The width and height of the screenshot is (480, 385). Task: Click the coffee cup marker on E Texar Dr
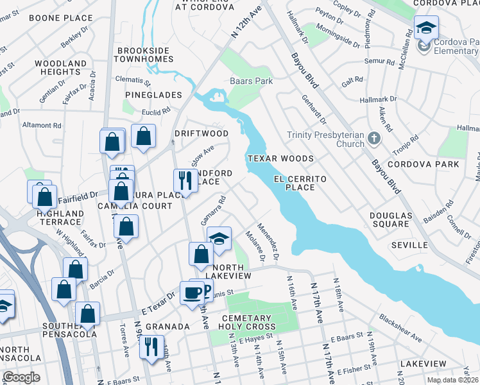point(192,293)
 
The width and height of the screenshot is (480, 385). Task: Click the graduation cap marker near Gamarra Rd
point(219,239)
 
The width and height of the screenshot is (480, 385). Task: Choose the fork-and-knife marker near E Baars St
point(151,347)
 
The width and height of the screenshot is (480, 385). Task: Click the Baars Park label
point(252,81)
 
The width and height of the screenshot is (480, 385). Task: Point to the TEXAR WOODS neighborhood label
point(281,158)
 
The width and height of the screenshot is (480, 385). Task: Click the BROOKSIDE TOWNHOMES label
point(144,54)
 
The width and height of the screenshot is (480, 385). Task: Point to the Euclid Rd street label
point(157,110)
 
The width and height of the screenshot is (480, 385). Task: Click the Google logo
point(21,377)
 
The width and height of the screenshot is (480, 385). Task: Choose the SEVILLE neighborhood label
point(409,245)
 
